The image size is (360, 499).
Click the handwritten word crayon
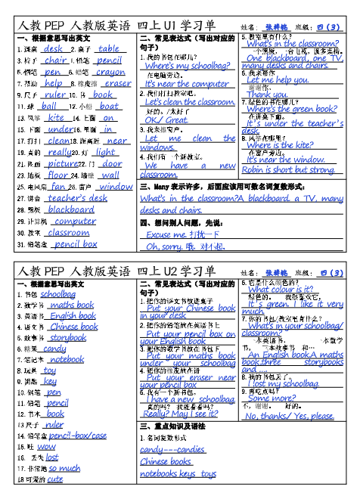[110, 73]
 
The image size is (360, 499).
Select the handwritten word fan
[58, 186]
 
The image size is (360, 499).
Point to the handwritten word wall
[110, 175]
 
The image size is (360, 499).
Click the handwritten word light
[105, 152]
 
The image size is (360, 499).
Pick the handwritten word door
[112, 163]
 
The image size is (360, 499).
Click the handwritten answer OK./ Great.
[166, 119]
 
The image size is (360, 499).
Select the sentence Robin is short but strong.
[288, 170]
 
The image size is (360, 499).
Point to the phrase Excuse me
[163, 234]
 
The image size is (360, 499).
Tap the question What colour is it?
[280, 289]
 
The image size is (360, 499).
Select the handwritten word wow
[46, 446]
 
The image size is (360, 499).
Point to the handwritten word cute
[54, 479]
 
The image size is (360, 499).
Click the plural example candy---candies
[172, 449]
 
